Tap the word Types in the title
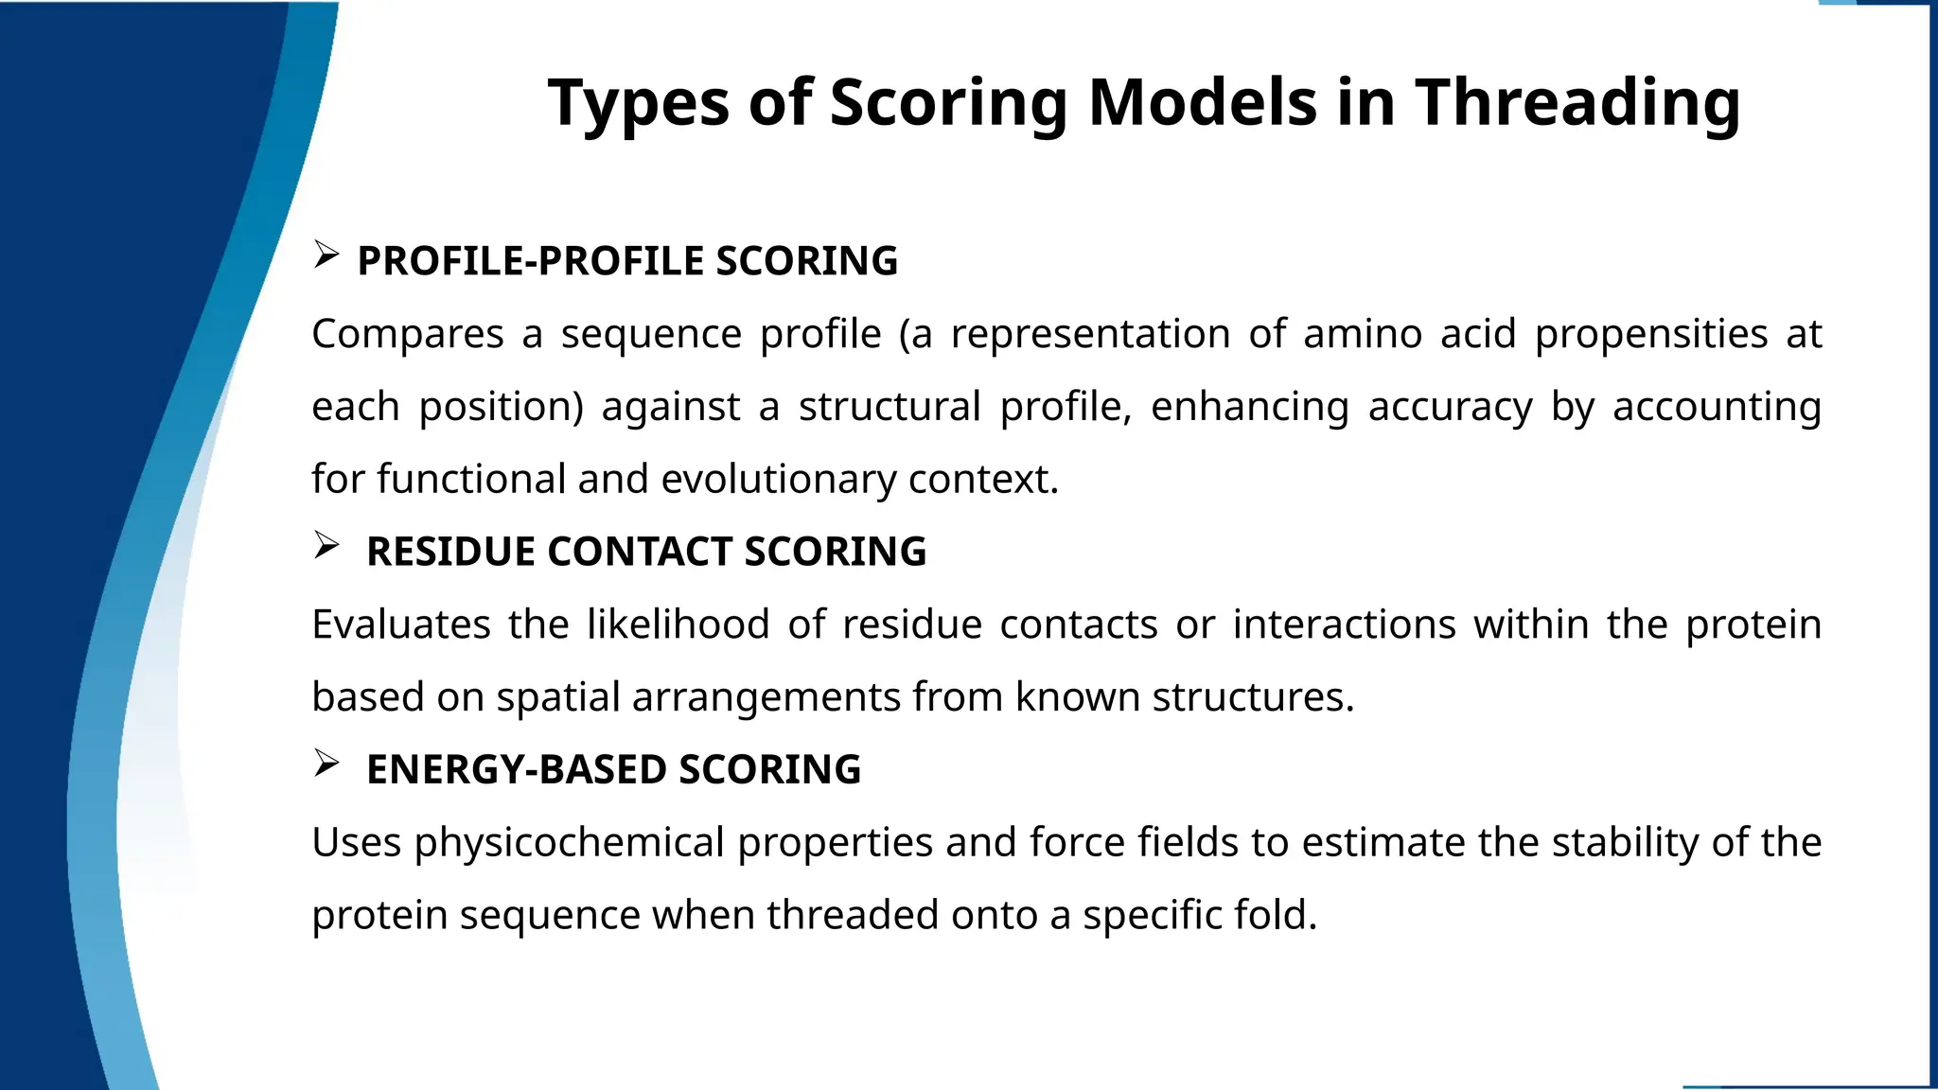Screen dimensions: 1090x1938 click(x=639, y=102)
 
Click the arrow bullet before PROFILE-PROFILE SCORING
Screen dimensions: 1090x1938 click(x=326, y=255)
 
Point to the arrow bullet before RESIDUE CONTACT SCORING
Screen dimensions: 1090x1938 click(x=326, y=545)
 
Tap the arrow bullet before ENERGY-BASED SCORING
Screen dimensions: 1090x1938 click(x=326, y=764)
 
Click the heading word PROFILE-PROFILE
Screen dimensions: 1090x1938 click(x=531, y=261)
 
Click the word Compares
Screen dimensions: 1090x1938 click(x=408, y=334)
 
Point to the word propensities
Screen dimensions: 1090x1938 click(x=1651, y=334)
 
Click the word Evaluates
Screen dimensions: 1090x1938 click(x=401, y=624)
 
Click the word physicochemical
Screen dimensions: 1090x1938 click(x=569, y=842)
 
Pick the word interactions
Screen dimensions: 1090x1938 click(x=1344, y=624)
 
